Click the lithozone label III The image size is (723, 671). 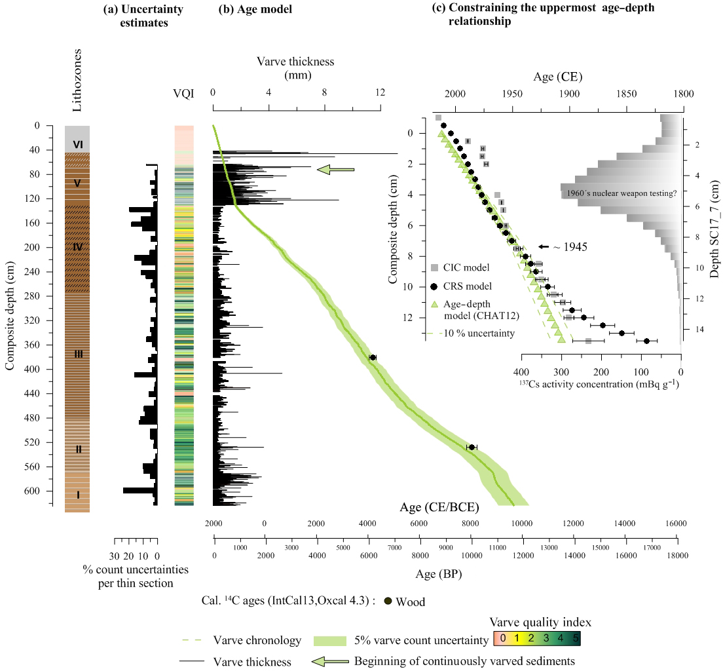(79, 355)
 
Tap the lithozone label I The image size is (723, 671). (78, 495)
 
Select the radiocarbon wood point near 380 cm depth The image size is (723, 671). (373, 357)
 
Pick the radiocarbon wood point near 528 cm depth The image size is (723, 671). (472, 447)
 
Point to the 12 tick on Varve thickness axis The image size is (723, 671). (380, 93)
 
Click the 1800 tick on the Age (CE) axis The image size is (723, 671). (683, 94)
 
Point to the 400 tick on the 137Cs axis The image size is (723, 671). (522, 370)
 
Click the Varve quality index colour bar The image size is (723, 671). (534, 637)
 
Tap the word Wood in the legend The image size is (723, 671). (411, 602)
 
